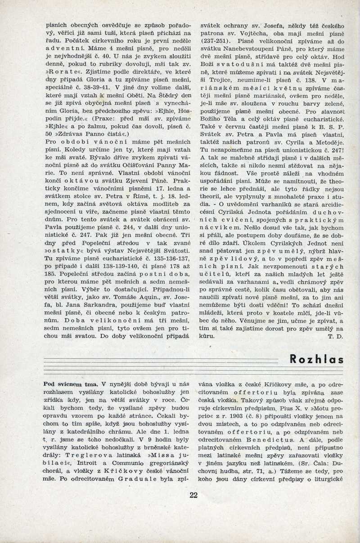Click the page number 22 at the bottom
coord(193,495)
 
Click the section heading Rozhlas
coord(317,359)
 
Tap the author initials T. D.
coord(336,335)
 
